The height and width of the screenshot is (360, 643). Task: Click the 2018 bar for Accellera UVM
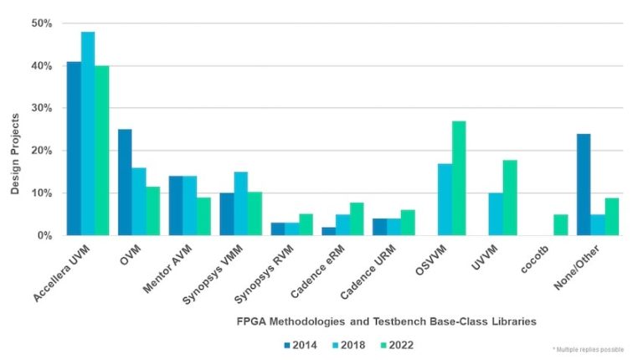(88, 134)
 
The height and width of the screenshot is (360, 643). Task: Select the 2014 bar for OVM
(125, 183)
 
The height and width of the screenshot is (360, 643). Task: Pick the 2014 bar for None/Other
(584, 185)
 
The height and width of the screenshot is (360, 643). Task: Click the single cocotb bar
(561, 225)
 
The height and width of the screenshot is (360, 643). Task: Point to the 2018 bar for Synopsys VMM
(240, 203)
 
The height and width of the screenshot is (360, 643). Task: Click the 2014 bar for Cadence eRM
(327, 231)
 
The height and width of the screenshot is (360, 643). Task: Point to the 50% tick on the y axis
(42, 23)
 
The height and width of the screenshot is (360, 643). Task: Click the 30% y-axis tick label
(42, 109)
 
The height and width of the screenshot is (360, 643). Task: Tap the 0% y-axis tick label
(44, 236)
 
